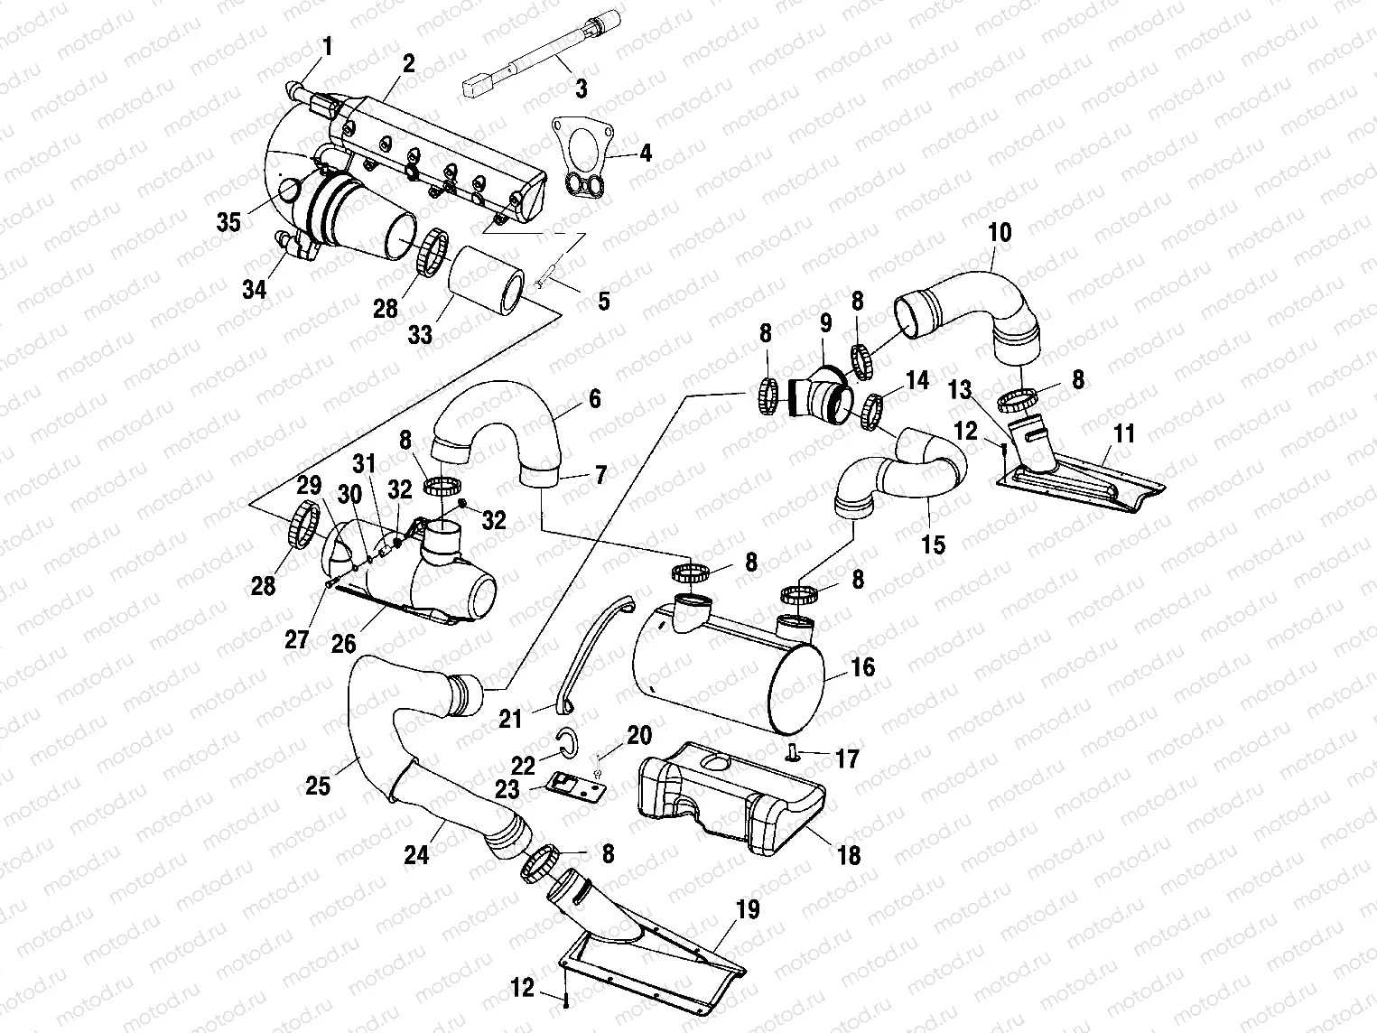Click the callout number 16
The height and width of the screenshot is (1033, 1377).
pos(863,667)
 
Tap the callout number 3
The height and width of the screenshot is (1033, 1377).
pos(581,88)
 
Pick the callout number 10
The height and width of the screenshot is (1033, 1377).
pos(999,232)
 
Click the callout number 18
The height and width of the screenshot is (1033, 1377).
pos(849,853)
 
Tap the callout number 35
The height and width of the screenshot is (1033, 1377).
pos(229,221)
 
